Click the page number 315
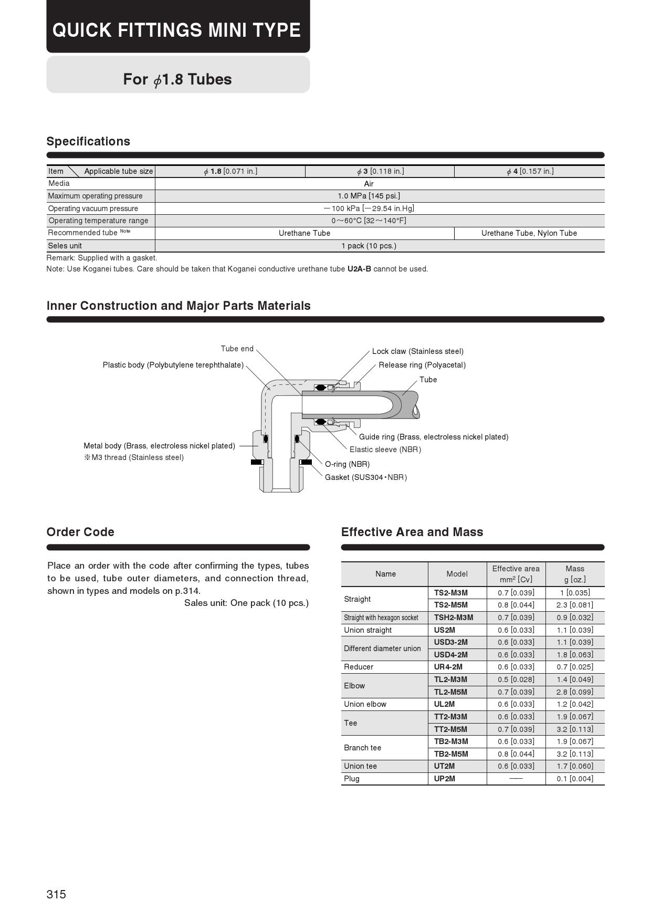[56, 894]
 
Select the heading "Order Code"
[80, 532]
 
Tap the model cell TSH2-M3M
[453, 618]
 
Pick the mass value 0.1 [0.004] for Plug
[575, 779]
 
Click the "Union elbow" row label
[365, 704]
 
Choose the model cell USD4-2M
[450, 655]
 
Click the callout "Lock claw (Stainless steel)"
[417, 351]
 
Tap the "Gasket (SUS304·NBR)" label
[366, 477]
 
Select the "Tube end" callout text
[237, 349]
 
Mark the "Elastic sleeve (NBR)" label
[385, 449]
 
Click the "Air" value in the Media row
[369, 184]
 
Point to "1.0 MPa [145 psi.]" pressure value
[369, 196]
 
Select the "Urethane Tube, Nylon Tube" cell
[529, 233]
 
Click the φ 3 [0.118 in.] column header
[380, 171]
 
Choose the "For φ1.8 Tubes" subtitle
[177, 79]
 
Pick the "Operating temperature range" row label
[98, 221]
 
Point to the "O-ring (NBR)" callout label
[347, 464]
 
